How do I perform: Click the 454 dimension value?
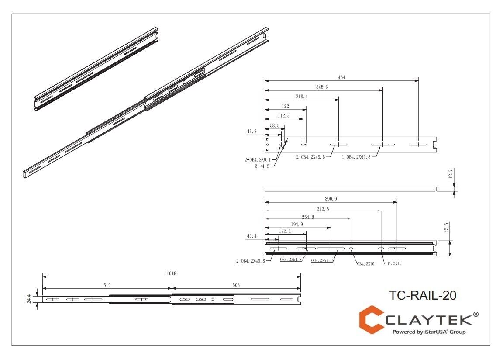click(341, 77)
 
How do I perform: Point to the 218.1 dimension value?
click(301, 97)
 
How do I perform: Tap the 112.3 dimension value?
click(284, 116)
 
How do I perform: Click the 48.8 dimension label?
click(252, 131)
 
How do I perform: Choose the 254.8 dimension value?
click(307, 217)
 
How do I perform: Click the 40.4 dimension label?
click(252, 236)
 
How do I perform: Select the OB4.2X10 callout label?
click(365, 264)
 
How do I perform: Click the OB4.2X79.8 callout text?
click(322, 260)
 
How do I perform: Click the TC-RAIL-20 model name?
click(422, 296)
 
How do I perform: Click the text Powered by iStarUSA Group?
click(429, 332)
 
